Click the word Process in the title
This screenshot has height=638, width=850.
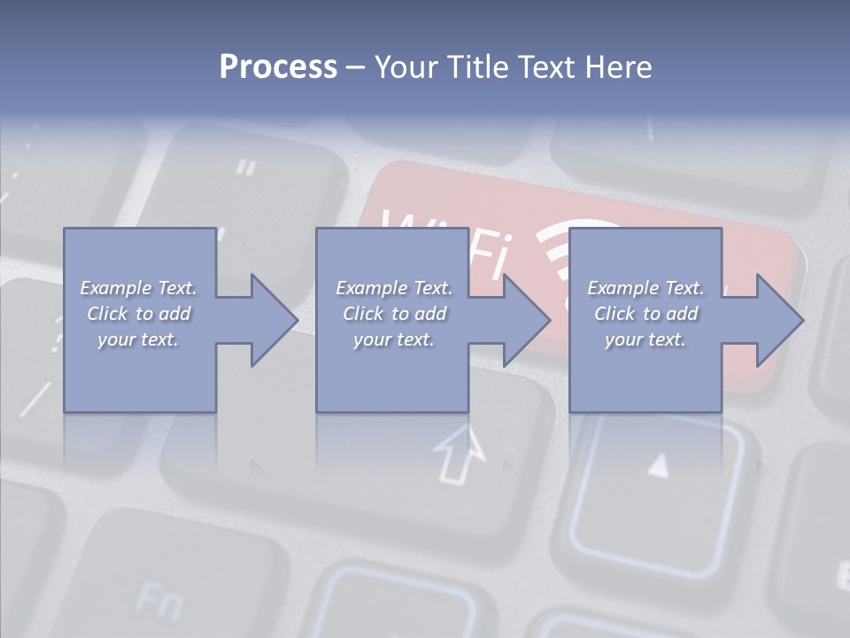(278, 67)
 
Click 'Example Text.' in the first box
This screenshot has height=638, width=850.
(138, 288)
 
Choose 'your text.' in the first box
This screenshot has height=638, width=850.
(138, 339)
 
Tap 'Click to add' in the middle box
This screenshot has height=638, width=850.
(394, 314)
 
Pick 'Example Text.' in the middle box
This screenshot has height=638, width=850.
(394, 288)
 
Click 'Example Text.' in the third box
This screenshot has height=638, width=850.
(645, 288)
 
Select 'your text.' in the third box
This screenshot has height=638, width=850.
(645, 339)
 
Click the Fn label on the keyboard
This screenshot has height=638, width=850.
(159, 603)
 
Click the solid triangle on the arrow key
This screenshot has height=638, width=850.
(657, 464)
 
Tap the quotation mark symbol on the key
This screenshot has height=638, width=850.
(247, 167)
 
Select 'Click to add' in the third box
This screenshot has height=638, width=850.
(645, 314)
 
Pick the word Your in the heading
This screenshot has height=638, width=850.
(406, 67)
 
